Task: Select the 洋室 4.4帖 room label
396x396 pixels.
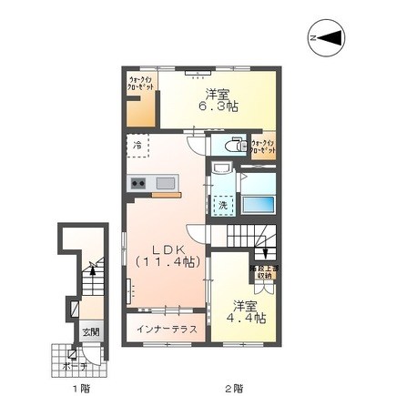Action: click(244, 312)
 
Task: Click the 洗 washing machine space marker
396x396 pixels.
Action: click(221, 206)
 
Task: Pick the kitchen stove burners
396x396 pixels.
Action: click(139, 184)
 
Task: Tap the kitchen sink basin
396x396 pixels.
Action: click(166, 183)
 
